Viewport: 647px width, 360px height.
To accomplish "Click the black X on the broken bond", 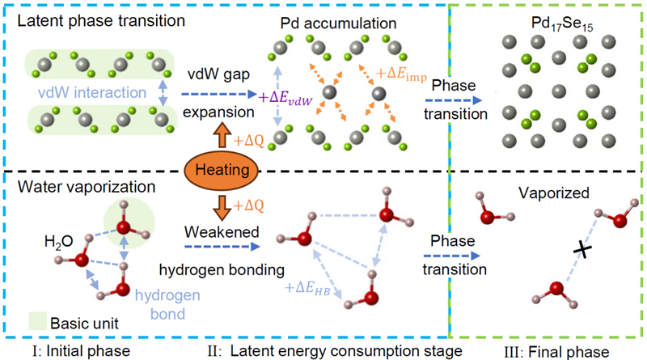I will point(579,252).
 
